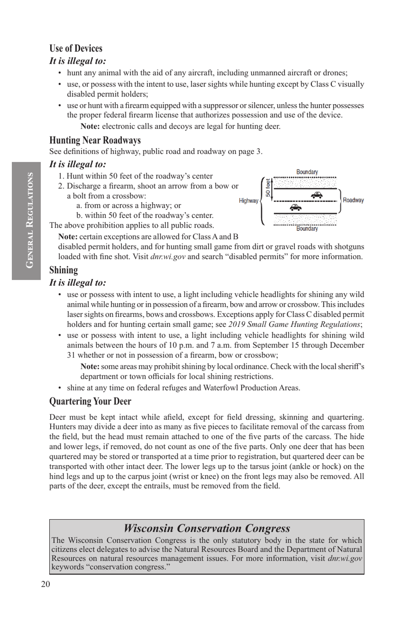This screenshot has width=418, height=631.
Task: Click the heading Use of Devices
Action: [76, 48]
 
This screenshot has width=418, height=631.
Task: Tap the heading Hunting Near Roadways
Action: [95, 140]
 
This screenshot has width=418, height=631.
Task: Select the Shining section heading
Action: [63, 270]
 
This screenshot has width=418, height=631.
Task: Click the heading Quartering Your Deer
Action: [90, 401]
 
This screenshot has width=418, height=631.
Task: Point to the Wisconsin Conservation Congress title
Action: [207, 528]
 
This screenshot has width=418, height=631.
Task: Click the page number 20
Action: [45, 584]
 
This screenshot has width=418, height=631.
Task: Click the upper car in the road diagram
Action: [316, 195]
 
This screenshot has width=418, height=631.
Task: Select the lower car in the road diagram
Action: [295, 207]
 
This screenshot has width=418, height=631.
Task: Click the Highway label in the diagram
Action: [249, 201]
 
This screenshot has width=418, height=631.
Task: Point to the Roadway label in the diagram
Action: [353, 200]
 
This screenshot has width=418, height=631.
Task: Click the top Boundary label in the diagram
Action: [307, 172]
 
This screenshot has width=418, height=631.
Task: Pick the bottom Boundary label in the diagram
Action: [307, 229]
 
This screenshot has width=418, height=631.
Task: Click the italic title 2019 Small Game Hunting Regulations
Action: [294, 324]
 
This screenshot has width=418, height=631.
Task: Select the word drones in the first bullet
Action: [335, 73]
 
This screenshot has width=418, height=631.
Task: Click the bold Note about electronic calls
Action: [90, 126]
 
